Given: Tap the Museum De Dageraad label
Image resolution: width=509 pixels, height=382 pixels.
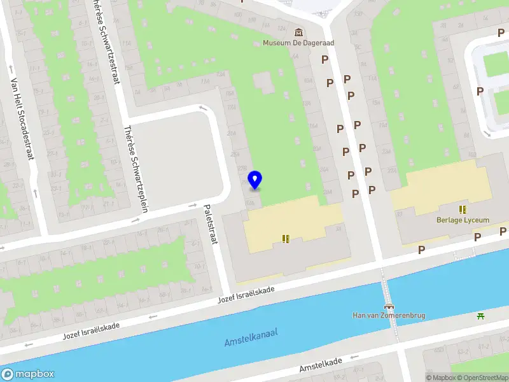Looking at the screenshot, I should [x=298, y=43].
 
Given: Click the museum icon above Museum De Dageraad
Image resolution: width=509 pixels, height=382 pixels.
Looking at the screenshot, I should [x=298, y=32].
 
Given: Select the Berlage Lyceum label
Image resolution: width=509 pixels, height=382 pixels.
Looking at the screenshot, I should [x=463, y=220].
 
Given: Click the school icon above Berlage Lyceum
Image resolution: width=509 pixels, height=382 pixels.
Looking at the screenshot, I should [x=463, y=209].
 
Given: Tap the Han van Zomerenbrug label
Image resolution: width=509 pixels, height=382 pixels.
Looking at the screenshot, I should [x=389, y=315].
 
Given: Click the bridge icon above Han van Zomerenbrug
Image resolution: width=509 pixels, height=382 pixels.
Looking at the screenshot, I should [x=389, y=305].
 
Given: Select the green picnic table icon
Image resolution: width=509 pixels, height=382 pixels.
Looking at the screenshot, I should [x=482, y=315].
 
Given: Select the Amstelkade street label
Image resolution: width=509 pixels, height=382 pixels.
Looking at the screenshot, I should [x=321, y=365].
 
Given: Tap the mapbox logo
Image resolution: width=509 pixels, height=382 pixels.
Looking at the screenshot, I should [x=28, y=374].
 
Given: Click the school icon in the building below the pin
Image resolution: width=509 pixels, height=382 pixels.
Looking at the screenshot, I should [x=286, y=238].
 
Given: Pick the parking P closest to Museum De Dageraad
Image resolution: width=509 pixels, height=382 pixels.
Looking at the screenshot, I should [x=324, y=60].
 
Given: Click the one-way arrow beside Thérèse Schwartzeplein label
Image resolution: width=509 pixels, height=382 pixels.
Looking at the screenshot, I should [x=136, y=220].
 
